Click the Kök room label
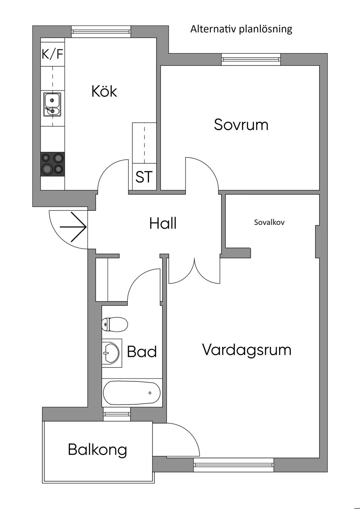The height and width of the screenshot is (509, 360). pos(104,91)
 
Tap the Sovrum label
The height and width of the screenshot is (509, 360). pos(241,125)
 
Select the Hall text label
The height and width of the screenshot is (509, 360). pos(163,224)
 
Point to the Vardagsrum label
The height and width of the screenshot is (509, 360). pos(247,350)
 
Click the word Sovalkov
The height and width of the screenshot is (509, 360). pos(269,222)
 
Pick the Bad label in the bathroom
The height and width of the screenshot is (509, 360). pos(142,352)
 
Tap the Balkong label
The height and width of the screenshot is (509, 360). pos(97,449)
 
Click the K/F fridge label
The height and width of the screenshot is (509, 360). pos(52,54)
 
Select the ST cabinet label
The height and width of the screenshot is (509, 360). pos(144,177)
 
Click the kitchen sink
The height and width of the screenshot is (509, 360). pos(52,104)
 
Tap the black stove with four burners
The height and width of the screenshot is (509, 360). pos(53,164)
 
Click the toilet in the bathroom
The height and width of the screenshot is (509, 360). pos(115,324)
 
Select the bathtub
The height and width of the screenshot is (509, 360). pos(132,393)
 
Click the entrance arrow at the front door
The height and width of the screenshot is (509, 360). pos(73,227)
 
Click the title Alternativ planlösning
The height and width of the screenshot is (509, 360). pos(241,29)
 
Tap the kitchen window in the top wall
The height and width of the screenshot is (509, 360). pos(101,32)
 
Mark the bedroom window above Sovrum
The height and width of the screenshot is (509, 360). pos(251,59)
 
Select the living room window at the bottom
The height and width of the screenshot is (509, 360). pos(233,465)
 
